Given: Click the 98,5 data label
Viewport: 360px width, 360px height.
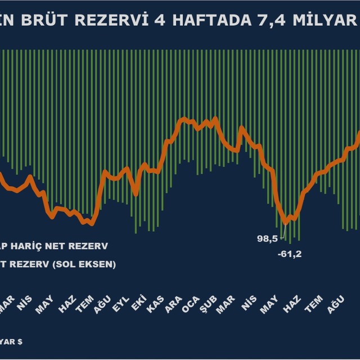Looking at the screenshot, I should [x=267, y=238].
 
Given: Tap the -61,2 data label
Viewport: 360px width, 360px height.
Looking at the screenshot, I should [x=290, y=254].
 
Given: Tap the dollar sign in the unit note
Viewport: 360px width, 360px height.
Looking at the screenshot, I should [x=21, y=340].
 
